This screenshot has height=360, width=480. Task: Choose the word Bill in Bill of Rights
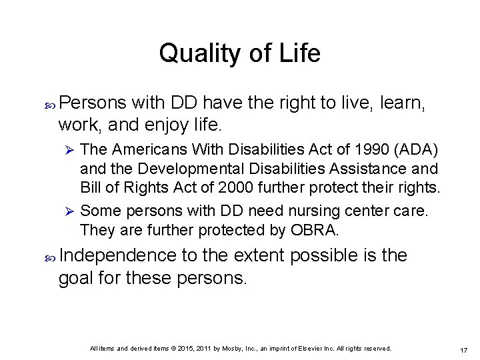click(x=91, y=186)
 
